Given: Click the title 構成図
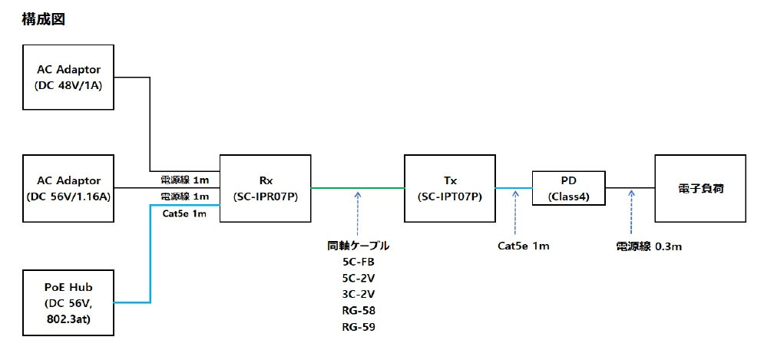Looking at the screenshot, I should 44,20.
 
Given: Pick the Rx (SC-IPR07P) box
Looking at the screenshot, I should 265,188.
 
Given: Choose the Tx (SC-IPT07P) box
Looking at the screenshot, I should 450,188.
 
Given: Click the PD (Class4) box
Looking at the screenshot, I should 569,188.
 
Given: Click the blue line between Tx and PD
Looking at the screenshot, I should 514,188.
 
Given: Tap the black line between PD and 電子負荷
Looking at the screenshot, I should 630,188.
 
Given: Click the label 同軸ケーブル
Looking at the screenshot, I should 359,246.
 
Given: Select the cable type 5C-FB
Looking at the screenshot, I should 359,263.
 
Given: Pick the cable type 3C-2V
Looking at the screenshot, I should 359,295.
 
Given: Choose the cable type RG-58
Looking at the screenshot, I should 359,311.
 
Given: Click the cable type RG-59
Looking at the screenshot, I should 359,327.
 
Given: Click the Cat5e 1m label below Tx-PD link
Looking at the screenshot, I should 524,246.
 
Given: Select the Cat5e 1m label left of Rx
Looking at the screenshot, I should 184,214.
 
